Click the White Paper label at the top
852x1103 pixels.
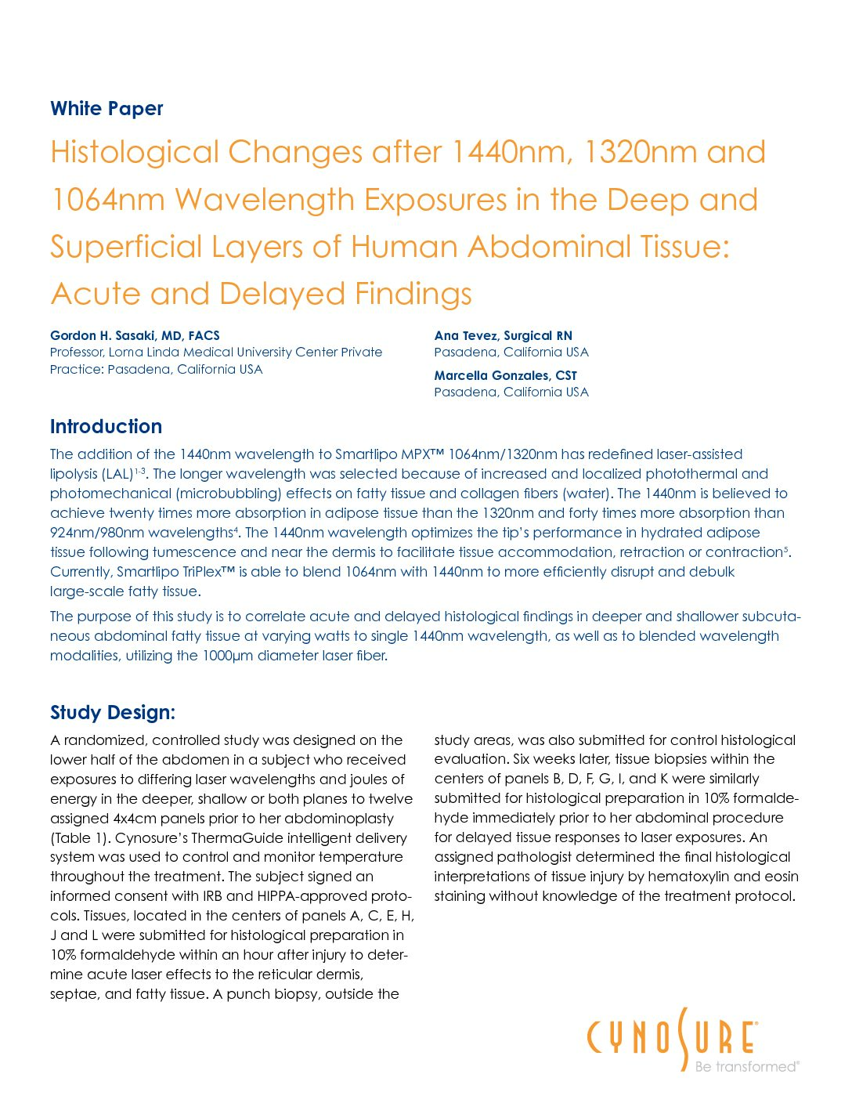point(106,109)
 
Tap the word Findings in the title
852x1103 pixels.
point(413,294)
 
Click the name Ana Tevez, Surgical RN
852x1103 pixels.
point(503,335)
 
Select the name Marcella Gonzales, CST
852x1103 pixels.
point(505,375)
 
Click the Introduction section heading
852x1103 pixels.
point(106,427)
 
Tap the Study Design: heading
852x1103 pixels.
point(112,713)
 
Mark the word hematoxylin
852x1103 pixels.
point(688,877)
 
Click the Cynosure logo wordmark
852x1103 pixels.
point(671,1037)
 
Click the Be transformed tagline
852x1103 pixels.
point(745,1066)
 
